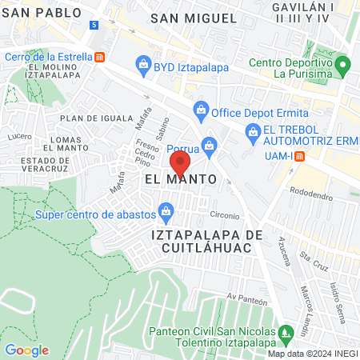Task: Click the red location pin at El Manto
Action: pos(181,164)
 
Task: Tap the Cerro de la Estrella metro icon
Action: pos(99,57)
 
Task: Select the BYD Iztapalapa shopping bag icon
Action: pos(143,62)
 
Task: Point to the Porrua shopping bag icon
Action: pos(210,145)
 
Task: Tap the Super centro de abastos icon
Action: pos(166,211)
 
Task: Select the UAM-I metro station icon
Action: pos(298,156)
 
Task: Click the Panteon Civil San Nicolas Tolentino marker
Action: pos(286,330)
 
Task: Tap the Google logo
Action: pos(26,350)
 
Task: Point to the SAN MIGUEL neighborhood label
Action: pos(194,18)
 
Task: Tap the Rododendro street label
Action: pos(311,191)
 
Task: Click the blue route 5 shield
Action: pos(94,26)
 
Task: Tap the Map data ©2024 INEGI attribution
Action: pos(312,354)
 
